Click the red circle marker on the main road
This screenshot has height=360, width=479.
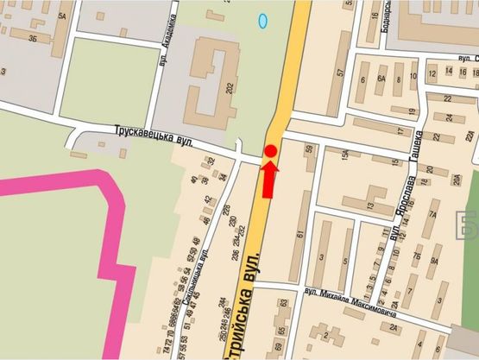coord(270,152)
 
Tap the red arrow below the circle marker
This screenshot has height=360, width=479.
coord(269,179)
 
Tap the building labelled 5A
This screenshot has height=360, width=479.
coord(61,15)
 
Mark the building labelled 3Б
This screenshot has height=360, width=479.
coord(32,38)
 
